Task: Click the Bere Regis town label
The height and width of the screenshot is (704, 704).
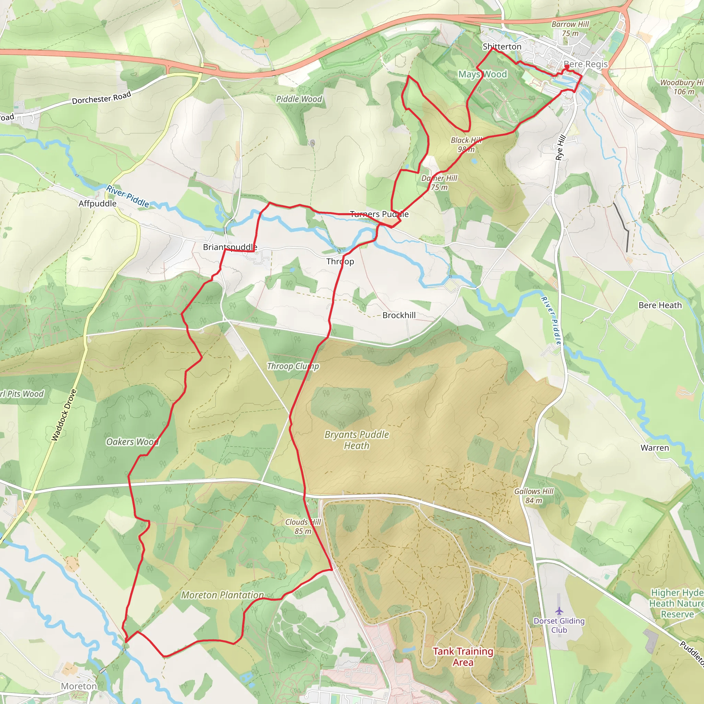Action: pyautogui.click(x=585, y=65)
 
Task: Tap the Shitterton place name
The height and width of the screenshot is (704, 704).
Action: pyautogui.click(x=502, y=47)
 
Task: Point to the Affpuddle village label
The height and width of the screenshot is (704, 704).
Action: pyautogui.click(x=97, y=204)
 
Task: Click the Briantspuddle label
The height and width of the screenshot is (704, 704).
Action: pyautogui.click(x=230, y=247)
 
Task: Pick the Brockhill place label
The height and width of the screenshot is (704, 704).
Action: pyautogui.click(x=399, y=315)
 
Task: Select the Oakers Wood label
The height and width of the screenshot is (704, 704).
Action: pyautogui.click(x=132, y=442)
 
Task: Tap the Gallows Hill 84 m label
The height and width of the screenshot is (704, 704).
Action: pyautogui.click(x=533, y=496)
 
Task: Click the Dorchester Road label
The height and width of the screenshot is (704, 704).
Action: pyautogui.click(x=101, y=98)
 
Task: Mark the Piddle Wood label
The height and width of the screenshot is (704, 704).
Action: pyautogui.click(x=299, y=99)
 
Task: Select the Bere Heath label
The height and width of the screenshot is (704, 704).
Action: pyautogui.click(x=660, y=305)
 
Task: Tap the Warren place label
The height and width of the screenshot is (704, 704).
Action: pyautogui.click(x=654, y=448)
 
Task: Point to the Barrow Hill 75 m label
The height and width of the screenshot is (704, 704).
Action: pyautogui.click(x=570, y=29)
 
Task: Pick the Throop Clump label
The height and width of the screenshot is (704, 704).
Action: pyautogui.click(x=293, y=366)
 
